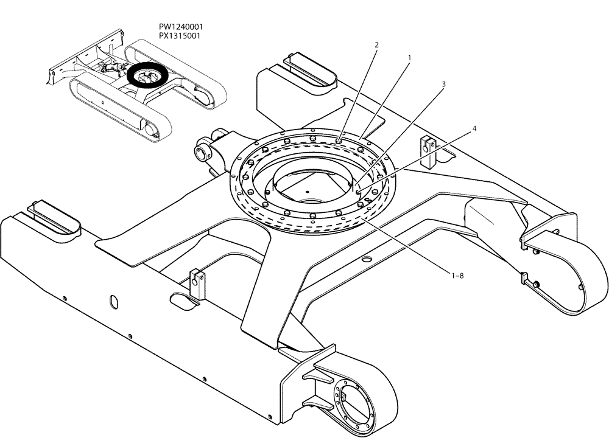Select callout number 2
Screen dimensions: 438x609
(376, 45)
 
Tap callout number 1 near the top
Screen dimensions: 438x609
(409, 58)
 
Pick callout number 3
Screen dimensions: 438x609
(443, 84)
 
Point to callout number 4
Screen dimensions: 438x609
(474, 129)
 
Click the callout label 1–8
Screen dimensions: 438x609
(457, 276)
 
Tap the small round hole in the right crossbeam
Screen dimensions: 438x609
(366, 259)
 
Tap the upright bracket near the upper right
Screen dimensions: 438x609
(429, 152)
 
